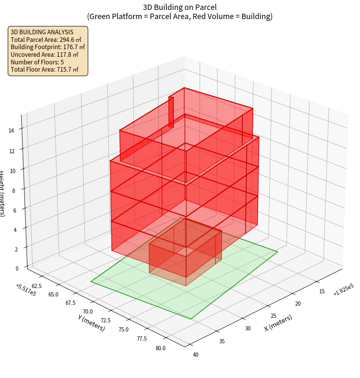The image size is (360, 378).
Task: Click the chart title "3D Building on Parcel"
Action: point(180,7)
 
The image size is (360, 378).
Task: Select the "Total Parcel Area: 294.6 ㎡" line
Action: point(46,39)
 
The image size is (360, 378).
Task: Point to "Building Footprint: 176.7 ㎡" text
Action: point(48,47)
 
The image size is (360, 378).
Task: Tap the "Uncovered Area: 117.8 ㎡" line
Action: point(46,54)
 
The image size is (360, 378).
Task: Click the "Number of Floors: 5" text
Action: point(37,62)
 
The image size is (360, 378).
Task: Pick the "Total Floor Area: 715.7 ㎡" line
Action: point(45,69)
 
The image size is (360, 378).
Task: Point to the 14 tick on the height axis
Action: point(11,131)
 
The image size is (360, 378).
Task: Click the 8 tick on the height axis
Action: point(13,191)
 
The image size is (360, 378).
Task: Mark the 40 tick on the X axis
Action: point(196,355)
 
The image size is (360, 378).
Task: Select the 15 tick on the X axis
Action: point(321,292)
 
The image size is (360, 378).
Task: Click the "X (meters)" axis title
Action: point(278,323)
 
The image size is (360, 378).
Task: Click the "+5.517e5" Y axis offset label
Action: point(26,290)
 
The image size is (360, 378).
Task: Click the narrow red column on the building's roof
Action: point(171,112)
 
